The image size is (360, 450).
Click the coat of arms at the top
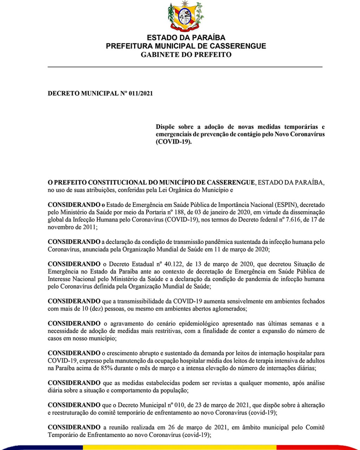185,16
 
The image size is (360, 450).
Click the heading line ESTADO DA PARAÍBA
186,38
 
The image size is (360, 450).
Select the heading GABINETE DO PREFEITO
186,54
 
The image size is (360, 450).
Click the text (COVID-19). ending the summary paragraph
174,142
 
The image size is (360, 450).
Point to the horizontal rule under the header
185,66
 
